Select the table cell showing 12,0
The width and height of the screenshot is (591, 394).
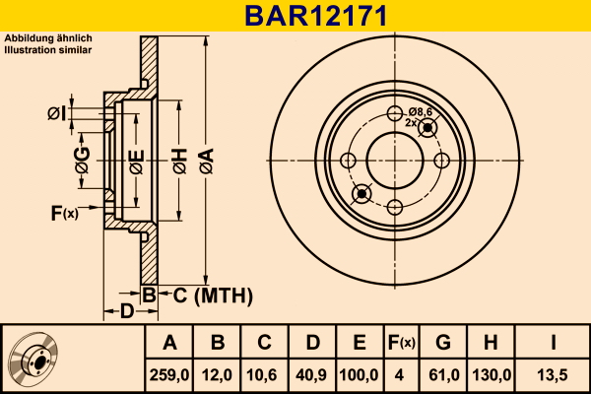point(218,374)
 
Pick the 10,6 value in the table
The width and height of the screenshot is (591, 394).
point(264,374)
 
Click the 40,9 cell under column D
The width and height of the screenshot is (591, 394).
point(311,374)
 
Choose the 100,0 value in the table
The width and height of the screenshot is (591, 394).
point(360,374)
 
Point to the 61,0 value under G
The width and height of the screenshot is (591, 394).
point(443,374)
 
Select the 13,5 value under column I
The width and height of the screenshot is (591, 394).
point(555,374)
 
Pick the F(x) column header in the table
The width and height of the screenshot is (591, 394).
point(401,344)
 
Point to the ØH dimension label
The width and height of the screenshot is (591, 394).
point(179,159)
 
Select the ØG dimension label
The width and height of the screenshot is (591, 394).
point(84,159)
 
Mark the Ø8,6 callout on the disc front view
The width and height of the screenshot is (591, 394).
point(422,111)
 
